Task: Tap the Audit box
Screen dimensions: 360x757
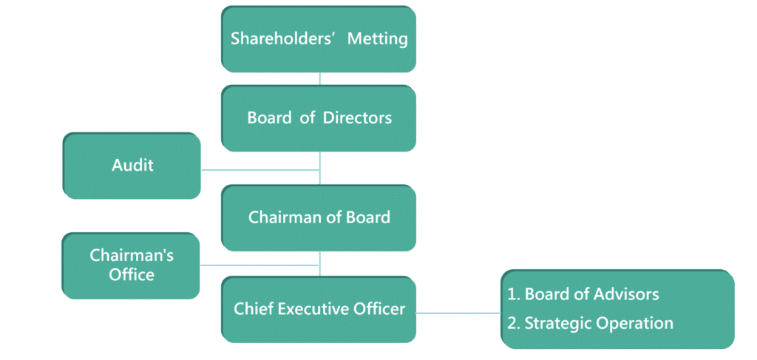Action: click(132, 166)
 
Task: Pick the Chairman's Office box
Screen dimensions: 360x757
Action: click(131, 265)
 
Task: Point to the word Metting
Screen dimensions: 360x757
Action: click(378, 38)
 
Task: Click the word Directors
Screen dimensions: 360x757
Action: click(357, 118)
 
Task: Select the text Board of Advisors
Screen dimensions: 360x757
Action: click(591, 294)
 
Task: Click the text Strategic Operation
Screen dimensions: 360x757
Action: click(599, 324)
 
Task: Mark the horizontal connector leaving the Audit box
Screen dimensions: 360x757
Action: click(259, 170)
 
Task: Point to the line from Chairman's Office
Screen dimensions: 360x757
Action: click(259, 265)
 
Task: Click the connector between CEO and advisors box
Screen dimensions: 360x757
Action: click(458, 313)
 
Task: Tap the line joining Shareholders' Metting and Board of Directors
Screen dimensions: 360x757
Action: click(319, 79)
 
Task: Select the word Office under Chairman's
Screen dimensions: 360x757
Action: click(132, 275)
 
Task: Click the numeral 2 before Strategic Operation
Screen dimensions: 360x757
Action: click(512, 324)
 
